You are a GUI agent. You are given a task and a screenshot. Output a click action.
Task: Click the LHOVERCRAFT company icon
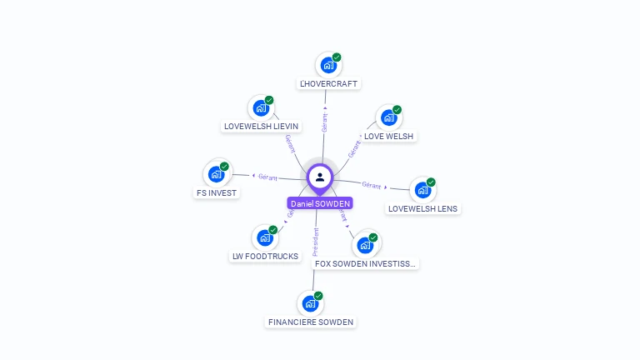(328, 64)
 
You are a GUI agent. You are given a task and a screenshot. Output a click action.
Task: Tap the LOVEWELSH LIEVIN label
(261, 127)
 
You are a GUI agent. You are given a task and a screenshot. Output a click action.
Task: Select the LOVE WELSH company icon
(388, 117)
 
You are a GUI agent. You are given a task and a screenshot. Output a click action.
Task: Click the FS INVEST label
(217, 192)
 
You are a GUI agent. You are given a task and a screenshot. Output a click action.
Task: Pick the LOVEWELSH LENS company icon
(422, 190)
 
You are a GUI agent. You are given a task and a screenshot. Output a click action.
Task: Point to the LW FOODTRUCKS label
(265, 256)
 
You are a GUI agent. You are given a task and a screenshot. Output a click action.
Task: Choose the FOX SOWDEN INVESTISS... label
(365, 263)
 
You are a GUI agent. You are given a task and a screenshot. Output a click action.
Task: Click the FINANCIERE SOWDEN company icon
(310, 303)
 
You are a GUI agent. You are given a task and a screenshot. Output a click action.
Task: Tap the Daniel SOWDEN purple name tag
(321, 203)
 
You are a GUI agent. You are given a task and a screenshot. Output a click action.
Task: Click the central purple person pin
(320, 177)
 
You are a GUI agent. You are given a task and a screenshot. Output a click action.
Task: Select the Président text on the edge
(316, 241)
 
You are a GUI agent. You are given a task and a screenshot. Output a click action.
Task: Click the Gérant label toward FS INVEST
(267, 177)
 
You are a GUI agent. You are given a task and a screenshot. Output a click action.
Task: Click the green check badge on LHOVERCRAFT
(337, 57)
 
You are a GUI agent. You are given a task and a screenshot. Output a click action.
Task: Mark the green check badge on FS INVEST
(224, 167)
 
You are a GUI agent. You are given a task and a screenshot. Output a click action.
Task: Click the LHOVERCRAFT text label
(328, 83)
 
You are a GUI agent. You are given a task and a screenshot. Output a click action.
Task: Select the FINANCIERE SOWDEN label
(311, 322)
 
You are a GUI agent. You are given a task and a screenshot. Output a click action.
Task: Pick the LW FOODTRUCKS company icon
(265, 237)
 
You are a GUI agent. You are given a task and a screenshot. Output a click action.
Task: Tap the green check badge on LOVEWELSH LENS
(431, 182)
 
